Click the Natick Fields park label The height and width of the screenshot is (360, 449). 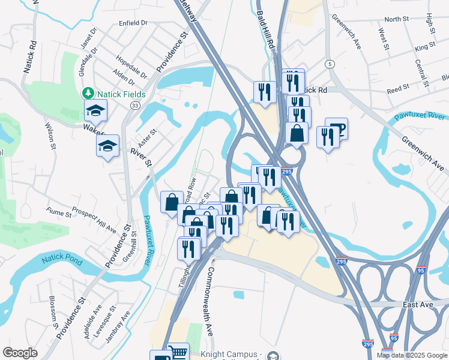118,94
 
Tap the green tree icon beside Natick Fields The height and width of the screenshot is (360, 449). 88,94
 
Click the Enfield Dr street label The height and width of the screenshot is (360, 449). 133,23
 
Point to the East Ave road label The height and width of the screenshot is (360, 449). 418,305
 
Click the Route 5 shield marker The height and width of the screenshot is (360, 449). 330,64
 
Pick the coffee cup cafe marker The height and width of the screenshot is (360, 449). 337,128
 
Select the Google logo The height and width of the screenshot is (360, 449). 20,353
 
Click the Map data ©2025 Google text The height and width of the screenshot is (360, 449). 411,355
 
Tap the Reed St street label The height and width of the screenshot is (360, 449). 398,88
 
